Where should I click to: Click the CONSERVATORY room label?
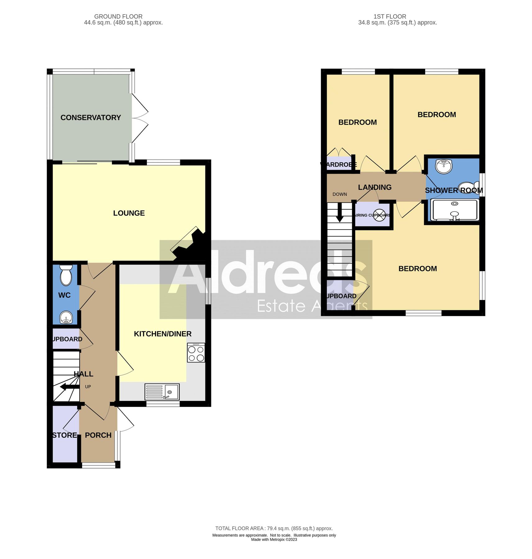(x=90, y=117)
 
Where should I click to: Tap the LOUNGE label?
(x=129, y=213)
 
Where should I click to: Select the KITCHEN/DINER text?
(x=163, y=334)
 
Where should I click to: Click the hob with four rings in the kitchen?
(x=196, y=353)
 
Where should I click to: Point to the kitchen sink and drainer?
(x=162, y=392)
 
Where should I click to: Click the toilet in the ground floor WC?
(x=66, y=275)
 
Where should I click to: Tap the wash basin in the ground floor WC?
(x=66, y=317)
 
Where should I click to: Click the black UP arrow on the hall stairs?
(x=69, y=387)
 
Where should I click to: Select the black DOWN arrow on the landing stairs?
(x=340, y=213)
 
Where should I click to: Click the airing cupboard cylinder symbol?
(x=379, y=215)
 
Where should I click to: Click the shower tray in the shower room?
(x=454, y=210)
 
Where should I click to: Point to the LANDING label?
(x=374, y=187)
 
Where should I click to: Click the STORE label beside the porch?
(x=65, y=435)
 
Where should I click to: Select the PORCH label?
(x=98, y=435)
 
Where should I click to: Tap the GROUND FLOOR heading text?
(x=118, y=16)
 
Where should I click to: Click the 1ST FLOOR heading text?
(x=390, y=16)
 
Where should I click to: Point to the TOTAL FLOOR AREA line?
(x=274, y=528)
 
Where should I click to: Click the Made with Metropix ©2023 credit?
(x=274, y=539)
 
